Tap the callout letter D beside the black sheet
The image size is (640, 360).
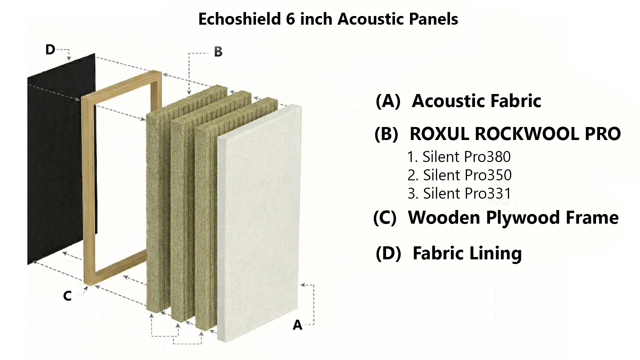(50, 50)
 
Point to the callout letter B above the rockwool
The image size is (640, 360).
(218, 52)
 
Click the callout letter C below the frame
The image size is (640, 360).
(67, 296)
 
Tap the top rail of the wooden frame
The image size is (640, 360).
(122, 83)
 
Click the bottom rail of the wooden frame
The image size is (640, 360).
(117, 272)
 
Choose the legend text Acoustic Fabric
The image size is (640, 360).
(476, 101)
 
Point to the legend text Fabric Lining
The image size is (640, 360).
(467, 253)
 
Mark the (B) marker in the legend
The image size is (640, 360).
(386, 134)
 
